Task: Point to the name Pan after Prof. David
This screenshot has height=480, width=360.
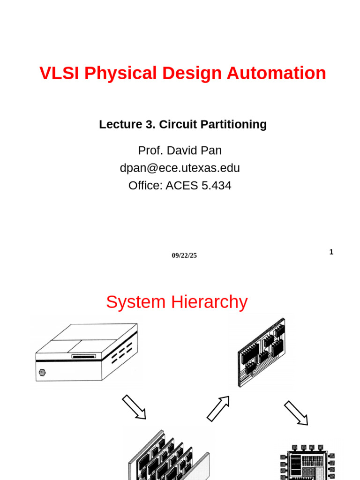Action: coord(212,150)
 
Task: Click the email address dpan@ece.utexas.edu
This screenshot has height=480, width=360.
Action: coord(180,168)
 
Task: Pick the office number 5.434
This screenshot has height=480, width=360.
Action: coord(216,186)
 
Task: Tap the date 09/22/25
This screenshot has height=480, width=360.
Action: coord(184,255)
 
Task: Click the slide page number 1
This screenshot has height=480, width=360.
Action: coord(331,252)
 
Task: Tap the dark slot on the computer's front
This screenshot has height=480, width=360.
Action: coord(83,356)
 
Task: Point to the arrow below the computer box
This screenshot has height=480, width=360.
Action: coord(134,407)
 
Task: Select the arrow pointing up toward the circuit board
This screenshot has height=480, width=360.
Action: coord(218,408)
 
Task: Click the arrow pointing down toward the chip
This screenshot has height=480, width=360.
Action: coord(296,412)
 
